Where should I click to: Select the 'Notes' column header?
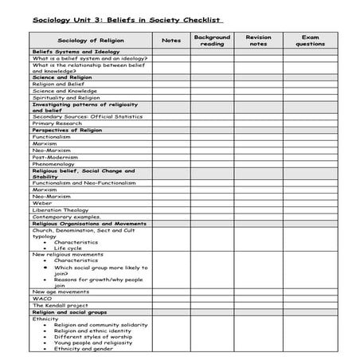click(x=170, y=40)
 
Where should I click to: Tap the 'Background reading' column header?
click(x=212, y=40)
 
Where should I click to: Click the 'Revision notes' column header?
click(x=258, y=40)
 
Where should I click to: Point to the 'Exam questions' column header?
click(x=310, y=40)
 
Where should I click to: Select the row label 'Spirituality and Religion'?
click(x=66, y=97)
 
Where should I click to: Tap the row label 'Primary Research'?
click(x=57, y=123)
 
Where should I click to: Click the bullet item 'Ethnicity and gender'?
click(x=84, y=348)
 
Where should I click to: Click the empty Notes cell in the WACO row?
click(x=170, y=298)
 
